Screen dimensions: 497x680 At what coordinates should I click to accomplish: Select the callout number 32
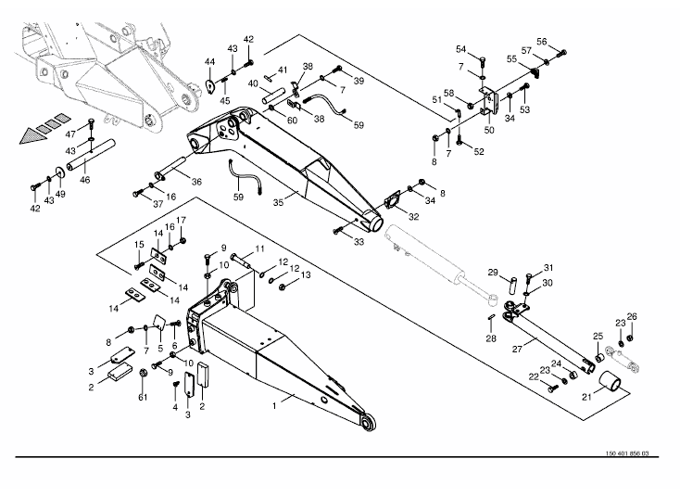[x=413, y=218]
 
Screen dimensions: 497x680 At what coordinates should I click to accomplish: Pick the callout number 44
[x=209, y=61]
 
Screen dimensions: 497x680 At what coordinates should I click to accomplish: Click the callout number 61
[x=143, y=398]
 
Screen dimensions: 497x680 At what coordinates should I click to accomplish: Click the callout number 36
[x=195, y=181]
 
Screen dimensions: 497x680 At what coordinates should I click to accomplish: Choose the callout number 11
[x=259, y=249]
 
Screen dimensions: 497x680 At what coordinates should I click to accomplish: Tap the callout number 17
[x=182, y=220]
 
